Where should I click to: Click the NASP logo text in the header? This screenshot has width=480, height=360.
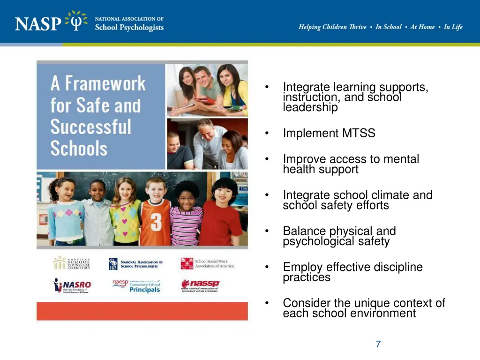click(x=38, y=23)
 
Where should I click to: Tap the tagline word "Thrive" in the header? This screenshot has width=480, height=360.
click(x=356, y=27)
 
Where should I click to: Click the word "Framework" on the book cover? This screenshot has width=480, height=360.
click(x=105, y=84)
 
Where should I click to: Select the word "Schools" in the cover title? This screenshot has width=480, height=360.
click(x=79, y=149)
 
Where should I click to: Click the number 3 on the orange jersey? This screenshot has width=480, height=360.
click(x=156, y=222)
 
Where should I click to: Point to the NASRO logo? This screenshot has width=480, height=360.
click(x=73, y=285)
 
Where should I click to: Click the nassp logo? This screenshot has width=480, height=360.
click(x=200, y=285)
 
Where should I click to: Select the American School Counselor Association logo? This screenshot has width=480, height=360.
click(x=71, y=263)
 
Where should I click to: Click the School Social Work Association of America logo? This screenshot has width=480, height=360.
click(x=207, y=263)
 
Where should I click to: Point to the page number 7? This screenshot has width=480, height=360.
click(x=378, y=345)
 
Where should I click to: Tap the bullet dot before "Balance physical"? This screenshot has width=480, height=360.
click(x=266, y=231)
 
